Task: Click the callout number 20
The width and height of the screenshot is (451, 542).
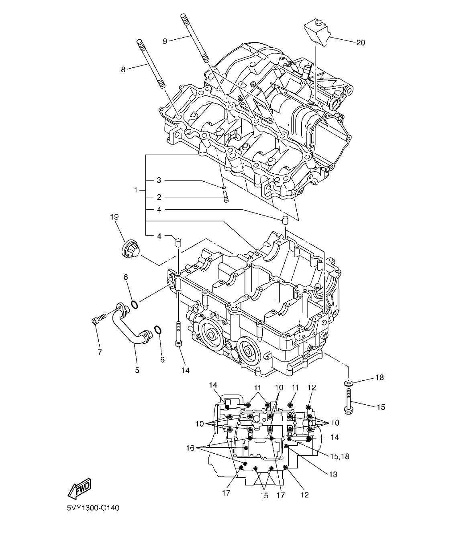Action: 360,43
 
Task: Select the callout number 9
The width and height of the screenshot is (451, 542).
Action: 165,41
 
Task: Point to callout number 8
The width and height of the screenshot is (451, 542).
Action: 123,69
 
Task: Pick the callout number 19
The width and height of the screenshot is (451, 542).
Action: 114,217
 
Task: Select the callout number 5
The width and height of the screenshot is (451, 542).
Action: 137,370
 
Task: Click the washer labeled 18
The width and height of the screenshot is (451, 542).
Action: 348,383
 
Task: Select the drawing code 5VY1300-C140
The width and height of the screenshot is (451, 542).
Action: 93,508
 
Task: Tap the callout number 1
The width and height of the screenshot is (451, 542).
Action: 136,189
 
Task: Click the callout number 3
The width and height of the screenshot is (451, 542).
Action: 159,180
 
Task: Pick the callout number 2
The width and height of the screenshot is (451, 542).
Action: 159,197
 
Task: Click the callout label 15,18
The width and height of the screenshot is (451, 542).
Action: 340,456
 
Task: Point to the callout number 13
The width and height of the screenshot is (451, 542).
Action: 333,475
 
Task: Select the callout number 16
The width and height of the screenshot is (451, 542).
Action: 190,448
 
